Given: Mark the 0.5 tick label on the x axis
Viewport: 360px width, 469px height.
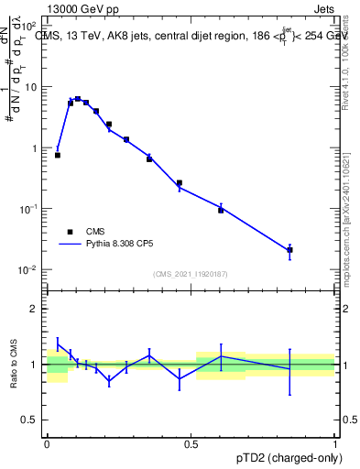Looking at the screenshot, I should [x=191, y=442].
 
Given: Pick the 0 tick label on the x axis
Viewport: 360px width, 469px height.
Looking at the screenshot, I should [x=47, y=442].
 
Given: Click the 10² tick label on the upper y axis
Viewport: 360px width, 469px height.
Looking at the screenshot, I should [x=29, y=27].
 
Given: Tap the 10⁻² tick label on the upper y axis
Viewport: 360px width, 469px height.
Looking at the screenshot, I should [x=29, y=270].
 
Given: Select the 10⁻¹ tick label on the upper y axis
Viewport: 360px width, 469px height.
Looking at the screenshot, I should [x=29, y=210].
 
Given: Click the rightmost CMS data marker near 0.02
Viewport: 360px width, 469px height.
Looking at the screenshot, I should [x=289, y=249].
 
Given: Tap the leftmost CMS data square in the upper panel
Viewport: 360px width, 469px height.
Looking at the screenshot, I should [x=58, y=155].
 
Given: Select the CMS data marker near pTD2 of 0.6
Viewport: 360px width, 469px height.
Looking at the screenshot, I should [x=221, y=210].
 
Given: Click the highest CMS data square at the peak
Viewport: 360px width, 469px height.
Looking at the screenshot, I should [x=78, y=99].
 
